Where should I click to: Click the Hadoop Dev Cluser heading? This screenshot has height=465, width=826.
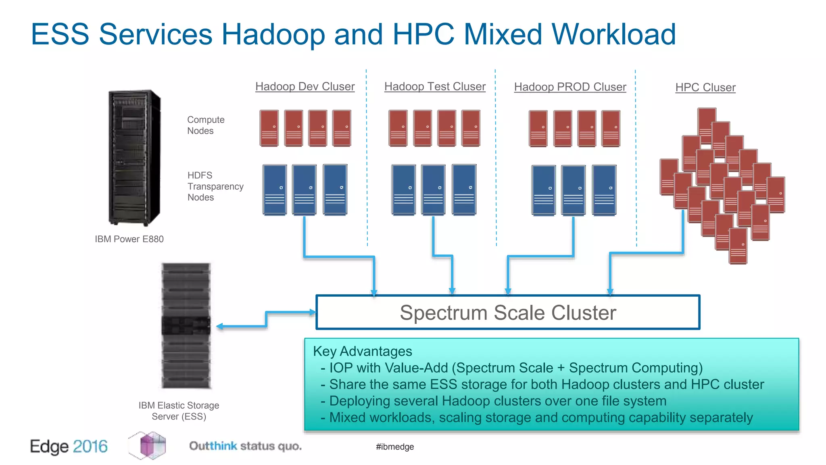[x=305, y=86]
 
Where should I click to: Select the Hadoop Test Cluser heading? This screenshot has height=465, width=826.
[x=435, y=86]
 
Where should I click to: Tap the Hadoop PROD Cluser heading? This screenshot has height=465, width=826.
[x=570, y=87]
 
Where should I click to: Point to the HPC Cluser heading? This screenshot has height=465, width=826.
[x=705, y=87]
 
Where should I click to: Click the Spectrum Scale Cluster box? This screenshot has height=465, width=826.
[x=508, y=312]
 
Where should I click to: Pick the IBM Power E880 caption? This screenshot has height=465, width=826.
[x=129, y=239]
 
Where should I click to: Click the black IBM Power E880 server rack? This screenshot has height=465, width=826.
[x=134, y=157]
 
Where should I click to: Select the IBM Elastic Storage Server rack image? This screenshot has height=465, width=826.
[x=186, y=325]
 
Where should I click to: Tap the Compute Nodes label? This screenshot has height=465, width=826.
[x=205, y=125]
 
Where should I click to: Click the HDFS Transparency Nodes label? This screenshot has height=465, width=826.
[x=215, y=186]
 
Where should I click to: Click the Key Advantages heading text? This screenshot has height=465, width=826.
[x=362, y=351]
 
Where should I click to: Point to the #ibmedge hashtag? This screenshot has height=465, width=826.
[x=395, y=447]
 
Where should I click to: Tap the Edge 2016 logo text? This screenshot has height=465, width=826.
[x=69, y=446]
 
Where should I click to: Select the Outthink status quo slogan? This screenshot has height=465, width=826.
[x=245, y=446]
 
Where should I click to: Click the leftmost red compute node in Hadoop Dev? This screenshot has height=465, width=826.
[x=269, y=128]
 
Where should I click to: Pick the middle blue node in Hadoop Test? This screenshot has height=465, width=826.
[x=433, y=189]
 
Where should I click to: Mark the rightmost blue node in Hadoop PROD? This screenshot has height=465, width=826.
[x=604, y=190]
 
